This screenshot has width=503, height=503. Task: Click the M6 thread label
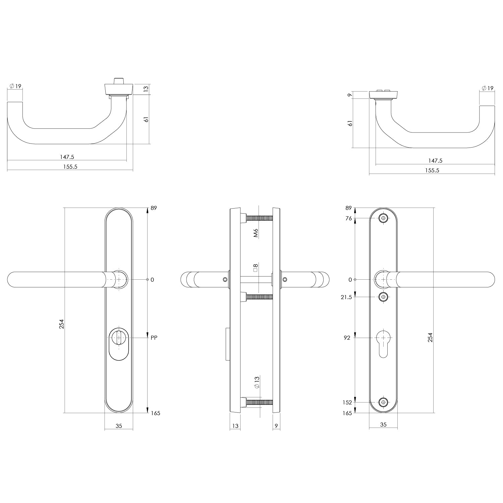[256, 233]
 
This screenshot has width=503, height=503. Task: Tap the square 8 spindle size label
[256, 268]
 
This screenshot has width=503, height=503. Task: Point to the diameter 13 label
[257, 382]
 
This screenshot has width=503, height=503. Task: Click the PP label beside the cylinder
[154, 338]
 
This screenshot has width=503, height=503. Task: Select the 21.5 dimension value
[346, 297]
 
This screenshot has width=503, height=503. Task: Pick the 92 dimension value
[347, 338]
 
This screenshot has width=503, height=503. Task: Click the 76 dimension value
[348, 218]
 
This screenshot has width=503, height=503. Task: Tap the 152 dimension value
[347, 402]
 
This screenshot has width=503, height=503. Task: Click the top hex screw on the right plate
[383, 218]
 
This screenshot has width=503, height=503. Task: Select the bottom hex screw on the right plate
[383, 402]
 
